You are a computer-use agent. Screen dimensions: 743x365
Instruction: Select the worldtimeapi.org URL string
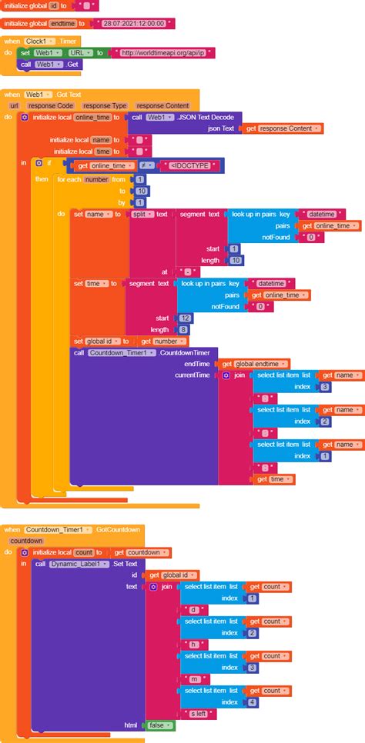click(163, 52)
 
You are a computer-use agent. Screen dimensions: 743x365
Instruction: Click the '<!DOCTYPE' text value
click(193, 165)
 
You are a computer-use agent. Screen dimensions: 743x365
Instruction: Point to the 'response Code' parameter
click(51, 105)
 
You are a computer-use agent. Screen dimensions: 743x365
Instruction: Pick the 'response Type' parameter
click(105, 105)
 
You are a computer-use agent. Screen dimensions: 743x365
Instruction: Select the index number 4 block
click(253, 701)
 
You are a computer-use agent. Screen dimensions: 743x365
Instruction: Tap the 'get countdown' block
click(142, 552)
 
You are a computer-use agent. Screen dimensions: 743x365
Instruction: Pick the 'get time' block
click(273, 478)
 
